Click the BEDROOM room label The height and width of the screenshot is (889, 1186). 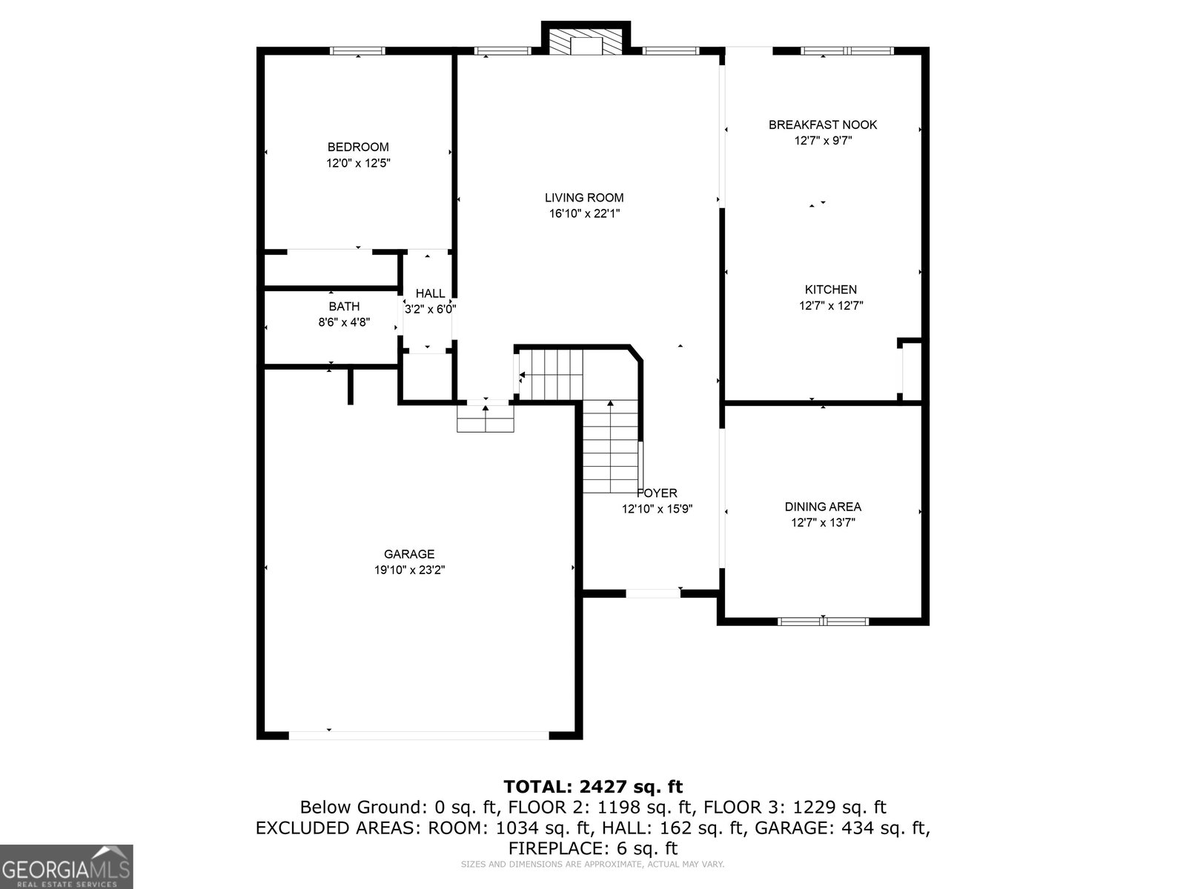click(358, 147)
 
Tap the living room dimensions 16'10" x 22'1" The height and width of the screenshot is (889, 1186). click(584, 213)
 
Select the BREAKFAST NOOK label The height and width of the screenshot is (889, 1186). click(822, 124)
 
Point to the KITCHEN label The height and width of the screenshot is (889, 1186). click(830, 290)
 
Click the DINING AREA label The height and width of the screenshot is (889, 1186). click(823, 507)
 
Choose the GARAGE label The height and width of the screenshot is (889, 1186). click(409, 554)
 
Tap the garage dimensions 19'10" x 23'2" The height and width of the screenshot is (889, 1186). click(410, 570)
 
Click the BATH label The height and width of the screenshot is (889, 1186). click(344, 307)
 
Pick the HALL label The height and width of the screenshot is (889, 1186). click(430, 293)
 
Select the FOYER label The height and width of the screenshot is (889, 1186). click(657, 493)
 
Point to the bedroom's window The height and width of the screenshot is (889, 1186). click(358, 50)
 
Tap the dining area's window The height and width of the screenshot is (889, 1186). click(823, 622)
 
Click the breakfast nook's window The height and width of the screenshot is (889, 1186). click(847, 50)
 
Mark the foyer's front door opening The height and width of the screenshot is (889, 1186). click(653, 593)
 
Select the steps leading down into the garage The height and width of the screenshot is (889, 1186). click(486, 419)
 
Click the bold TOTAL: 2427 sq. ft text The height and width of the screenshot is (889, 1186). click(593, 787)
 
